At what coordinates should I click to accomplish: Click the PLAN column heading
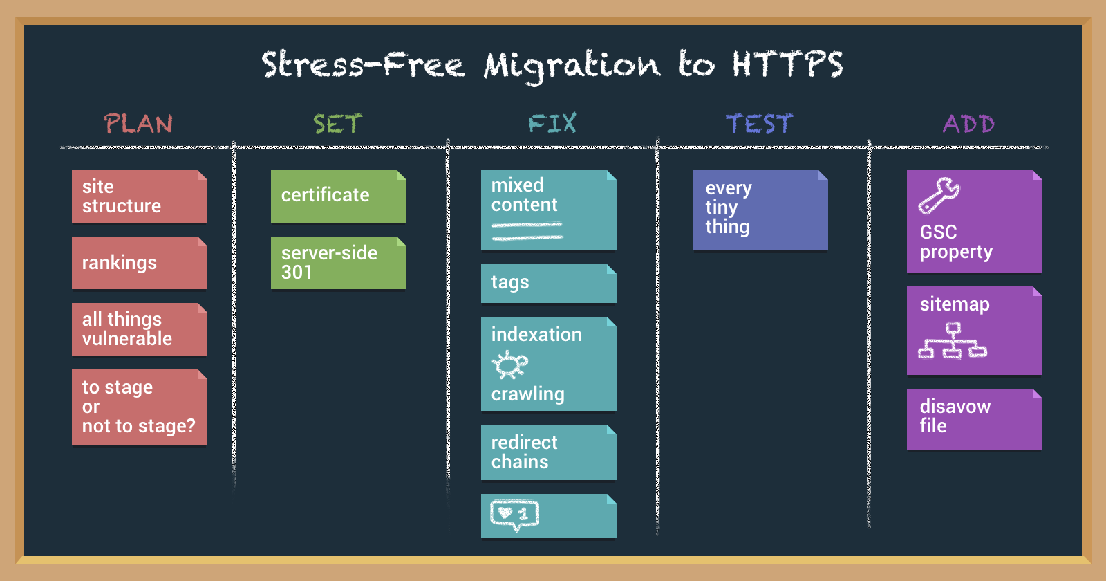[138, 124]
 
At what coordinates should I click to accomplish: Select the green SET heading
[337, 124]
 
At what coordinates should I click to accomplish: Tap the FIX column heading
[552, 124]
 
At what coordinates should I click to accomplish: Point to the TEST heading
[759, 124]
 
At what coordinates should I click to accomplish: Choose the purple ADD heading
[968, 124]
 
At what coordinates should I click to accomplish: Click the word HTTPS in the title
[787, 65]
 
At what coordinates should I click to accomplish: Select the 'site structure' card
[139, 196]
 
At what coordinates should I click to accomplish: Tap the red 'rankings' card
[139, 263]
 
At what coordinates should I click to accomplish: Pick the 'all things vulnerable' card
[139, 329]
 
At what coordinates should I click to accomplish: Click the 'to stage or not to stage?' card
[139, 407]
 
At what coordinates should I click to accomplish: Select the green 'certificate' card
[338, 196]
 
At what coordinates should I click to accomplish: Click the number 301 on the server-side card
[297, 273]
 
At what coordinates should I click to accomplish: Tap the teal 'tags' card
[548, 283]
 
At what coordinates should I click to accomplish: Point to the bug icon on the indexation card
[509, 365]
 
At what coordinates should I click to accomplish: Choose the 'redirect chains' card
[548, 452]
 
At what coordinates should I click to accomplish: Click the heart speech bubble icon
[514, 515]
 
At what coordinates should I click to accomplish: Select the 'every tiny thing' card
[760, 210]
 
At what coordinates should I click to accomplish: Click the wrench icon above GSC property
[939, 195]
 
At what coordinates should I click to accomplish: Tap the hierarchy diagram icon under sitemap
[953, 341]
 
